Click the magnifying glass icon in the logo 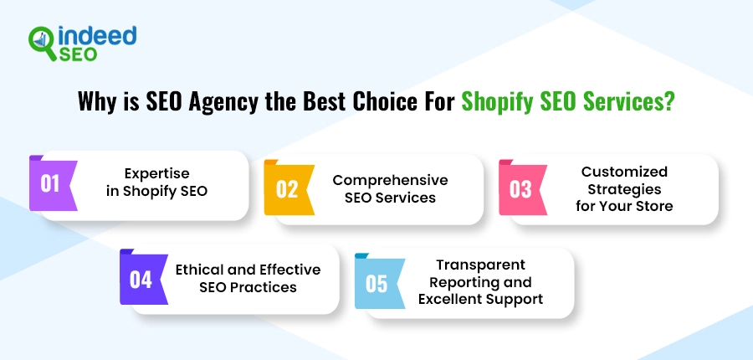point(43,43)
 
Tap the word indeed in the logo point(98,35)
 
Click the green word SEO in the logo point(78,54)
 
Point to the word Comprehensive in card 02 point(390,180)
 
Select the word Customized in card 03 point(624,172)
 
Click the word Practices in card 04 point(269,287)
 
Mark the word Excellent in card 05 point(450,299)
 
